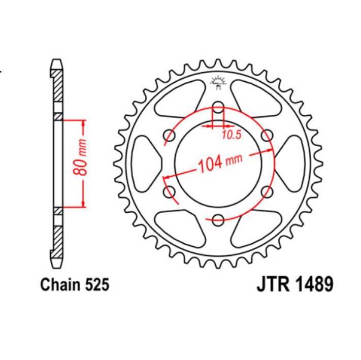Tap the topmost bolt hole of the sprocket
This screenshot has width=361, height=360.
218,107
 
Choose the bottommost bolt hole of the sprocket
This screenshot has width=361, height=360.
218,219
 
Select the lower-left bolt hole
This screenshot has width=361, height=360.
170,191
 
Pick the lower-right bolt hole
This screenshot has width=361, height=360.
267,191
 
